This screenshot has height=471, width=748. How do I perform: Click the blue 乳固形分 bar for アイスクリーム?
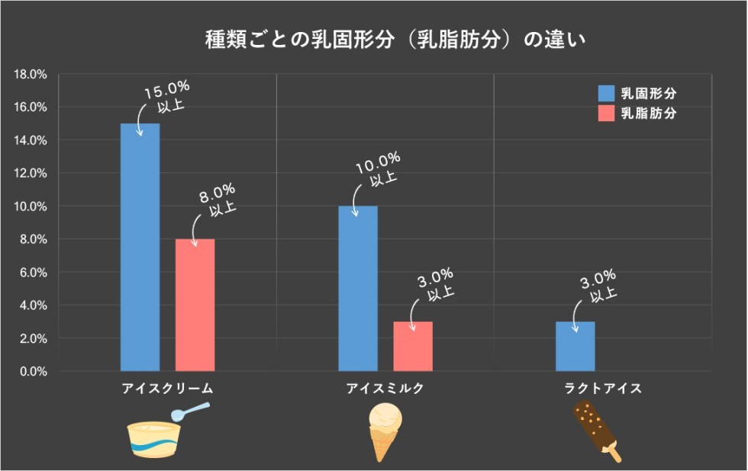pyautogui.click(x=140, y=247)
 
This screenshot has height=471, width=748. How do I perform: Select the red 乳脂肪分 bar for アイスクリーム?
pyautogui.click(x=195, y=305)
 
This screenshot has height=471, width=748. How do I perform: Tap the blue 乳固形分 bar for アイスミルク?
pyautogui.click(x=358, y=288)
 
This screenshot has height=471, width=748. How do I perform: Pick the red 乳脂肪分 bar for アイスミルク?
pyautogui.click(x=412, y=346)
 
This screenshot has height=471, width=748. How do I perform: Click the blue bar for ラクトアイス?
pyautogui.click(x=575, y=346)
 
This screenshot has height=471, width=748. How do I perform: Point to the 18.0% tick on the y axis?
pyautogui.click(x=31, y=75)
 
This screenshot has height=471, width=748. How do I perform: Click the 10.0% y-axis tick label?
pyautogui.click(x=31, y=207)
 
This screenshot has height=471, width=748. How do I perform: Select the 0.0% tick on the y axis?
pyautogui.click(x=34, y=371)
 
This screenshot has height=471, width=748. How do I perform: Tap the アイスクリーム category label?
pyautogui.click(x=167, y=389)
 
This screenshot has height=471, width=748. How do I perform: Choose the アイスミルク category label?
pyautogui.click(x=385, y=389)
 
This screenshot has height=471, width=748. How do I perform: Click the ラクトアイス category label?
pyautogui.click(x=602, y=389)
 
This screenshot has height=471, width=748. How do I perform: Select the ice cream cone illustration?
pyautogui.click(x=385, y=431)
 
